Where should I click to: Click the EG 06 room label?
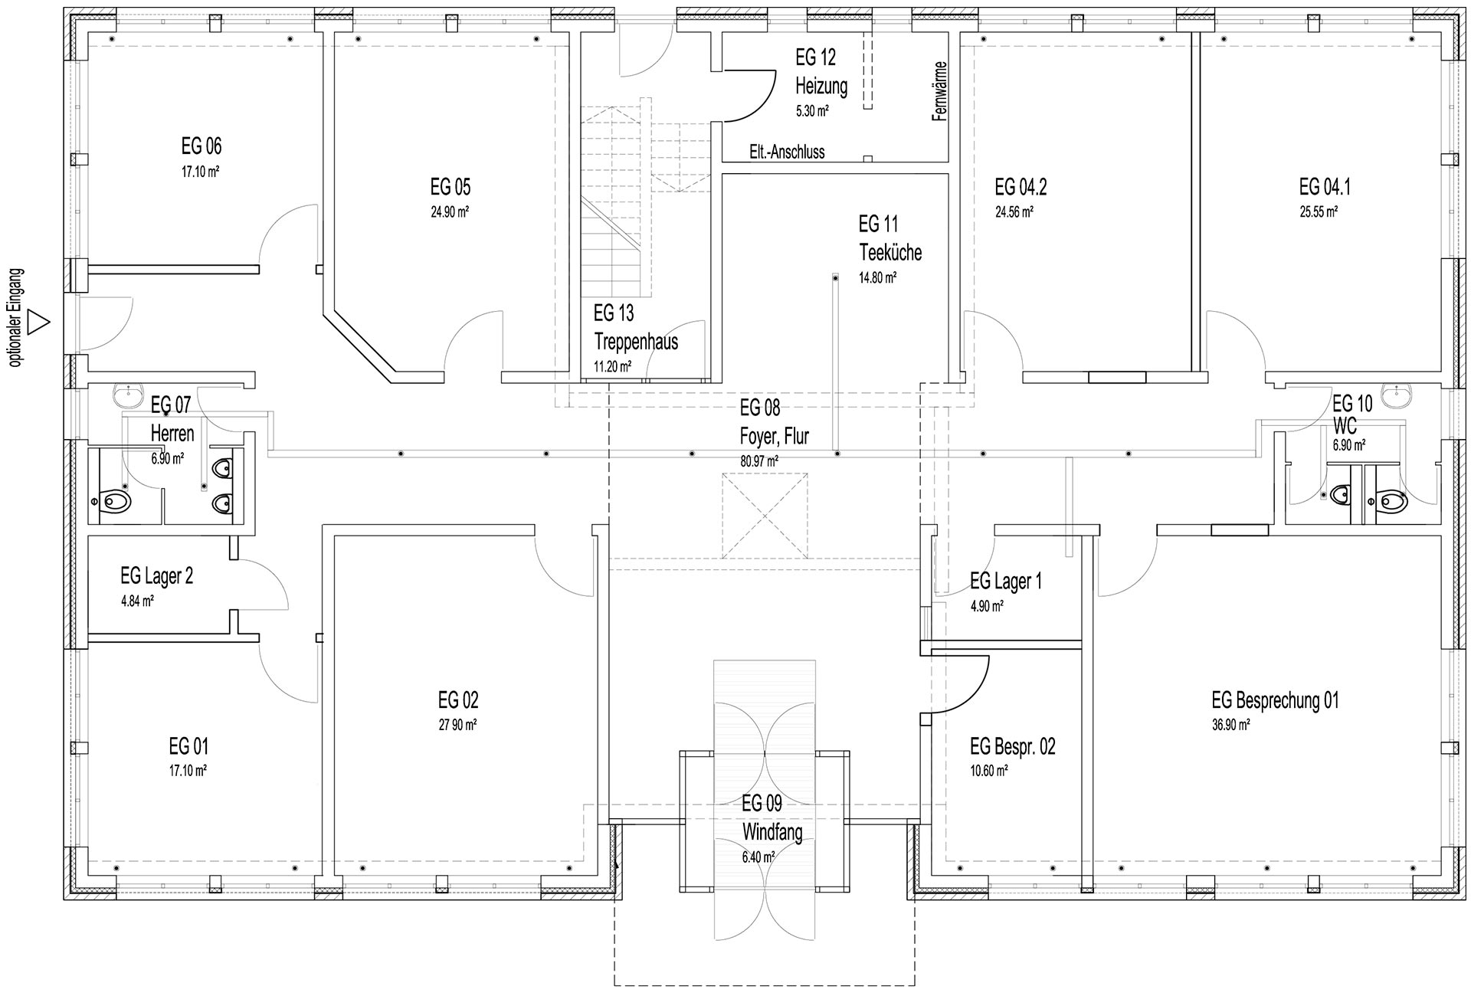tap(201, 146)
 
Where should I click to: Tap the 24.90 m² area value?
tap(450, 212)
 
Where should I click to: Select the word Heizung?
tap(821, 86)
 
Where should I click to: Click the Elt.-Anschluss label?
tap(787, 152)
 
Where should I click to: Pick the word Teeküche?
tap(890, 252)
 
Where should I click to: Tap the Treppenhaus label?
tap(636, 342)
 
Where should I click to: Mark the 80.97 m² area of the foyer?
tap(759, 461)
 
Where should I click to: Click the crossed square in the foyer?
tap(765, 516)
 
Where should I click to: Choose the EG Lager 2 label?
tap(156, 576)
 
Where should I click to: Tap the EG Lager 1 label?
tap(1006, 582)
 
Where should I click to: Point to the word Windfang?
tap(772, 832)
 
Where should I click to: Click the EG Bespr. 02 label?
tap(1012, 746)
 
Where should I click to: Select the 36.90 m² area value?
tap(1231, 725)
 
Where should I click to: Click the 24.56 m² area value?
tap(1014, 212)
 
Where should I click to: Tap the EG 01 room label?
tap(188, 746)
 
